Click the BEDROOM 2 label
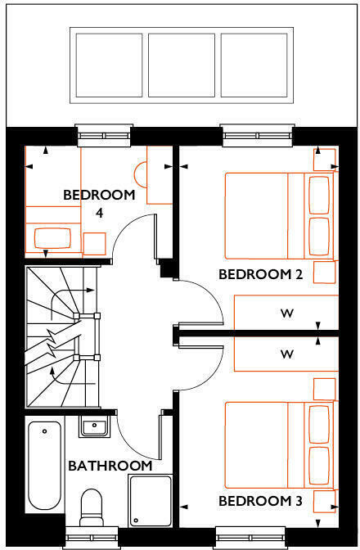coord(260,274)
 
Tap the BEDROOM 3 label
coord(260,501)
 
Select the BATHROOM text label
coord(110,466)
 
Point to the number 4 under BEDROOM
coord(100,213)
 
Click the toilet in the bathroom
coord(92,507)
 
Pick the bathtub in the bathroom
coord(44,466)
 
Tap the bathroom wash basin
coord(94,426)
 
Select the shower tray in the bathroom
coord(151,501)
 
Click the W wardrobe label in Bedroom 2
coord(286,313)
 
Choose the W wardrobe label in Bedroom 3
coord(286,354)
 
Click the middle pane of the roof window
coord(182,65)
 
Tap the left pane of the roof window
coord(109,65)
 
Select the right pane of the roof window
coord(254,65)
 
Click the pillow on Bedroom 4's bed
coord(52,238)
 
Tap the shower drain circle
coord(136,521)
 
